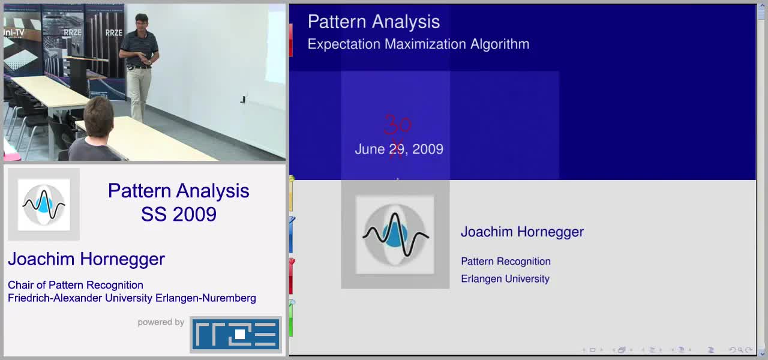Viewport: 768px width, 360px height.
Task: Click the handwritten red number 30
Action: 398,124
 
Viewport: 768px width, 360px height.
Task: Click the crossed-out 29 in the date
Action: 397,149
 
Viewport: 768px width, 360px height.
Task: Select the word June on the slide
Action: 370,149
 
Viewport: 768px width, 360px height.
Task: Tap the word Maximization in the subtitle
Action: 425,44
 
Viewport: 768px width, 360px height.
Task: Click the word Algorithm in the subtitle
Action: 500,44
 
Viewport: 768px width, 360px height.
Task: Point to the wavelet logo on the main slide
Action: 395,235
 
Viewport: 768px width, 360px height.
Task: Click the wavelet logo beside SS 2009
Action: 44,205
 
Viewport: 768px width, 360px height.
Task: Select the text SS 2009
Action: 179,214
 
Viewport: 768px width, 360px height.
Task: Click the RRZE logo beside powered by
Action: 236,334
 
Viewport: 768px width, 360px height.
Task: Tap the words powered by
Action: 161,322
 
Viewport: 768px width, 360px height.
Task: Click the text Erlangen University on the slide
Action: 505,279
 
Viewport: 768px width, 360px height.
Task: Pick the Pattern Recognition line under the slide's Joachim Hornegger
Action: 506,261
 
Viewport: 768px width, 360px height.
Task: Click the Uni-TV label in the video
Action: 14,33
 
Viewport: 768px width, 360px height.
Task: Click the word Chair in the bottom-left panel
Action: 20,285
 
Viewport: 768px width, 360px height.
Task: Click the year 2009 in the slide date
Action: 428,149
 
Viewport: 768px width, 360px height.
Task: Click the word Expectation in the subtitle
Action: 344,44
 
